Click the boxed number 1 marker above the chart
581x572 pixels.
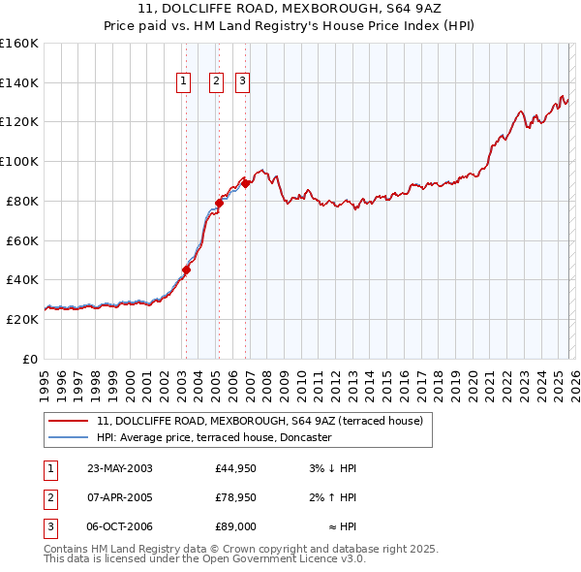pos(183,82)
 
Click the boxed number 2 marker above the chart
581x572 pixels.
pos(215,82)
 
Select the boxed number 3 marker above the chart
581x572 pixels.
pos(241,82)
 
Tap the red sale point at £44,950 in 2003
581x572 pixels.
pos(186,270)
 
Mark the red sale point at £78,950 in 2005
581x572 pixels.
pos(219,203)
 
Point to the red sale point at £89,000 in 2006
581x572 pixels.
pos(246,182)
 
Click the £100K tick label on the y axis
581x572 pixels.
pos(18,161)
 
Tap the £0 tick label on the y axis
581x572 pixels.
pos(29,359)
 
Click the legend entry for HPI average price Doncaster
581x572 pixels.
pos(214,437)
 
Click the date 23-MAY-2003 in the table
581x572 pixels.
pos(120,468)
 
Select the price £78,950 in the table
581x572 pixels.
pos(235,497)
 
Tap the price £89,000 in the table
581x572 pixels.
pos(235,526)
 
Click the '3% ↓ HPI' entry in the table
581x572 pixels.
pos(333,468)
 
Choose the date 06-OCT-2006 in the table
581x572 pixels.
pos(120,526)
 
